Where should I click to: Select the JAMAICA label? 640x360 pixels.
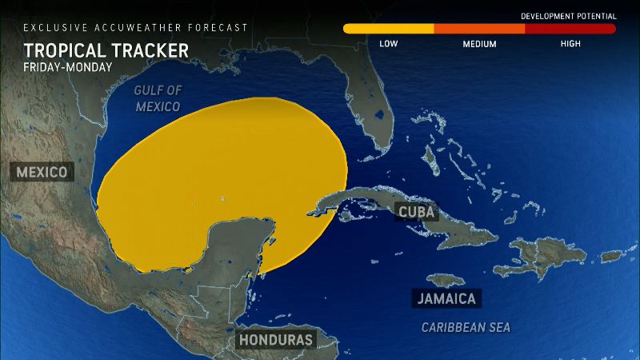click(x=447, y=299)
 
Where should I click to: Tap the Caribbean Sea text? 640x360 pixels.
click(x=466, y=327)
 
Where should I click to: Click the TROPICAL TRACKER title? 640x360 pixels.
click(x=106, y=51)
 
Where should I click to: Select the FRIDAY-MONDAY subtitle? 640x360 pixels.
click(x=68, y=67)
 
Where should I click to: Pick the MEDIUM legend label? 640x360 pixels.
click(x=479, y=43)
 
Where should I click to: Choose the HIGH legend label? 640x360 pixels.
click(x=570, y=43)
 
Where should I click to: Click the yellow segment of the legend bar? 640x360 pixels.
click(x=389, y=29)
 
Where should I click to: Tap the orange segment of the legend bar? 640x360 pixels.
click(x=479, y=29)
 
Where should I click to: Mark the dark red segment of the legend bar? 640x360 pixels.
click(x=570, y=29)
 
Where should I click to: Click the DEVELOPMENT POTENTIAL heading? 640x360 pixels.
click(x=568, y=16)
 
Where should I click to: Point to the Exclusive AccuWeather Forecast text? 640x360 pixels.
click(x=136, y=27)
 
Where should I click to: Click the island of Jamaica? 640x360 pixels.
click(x=446, y=280)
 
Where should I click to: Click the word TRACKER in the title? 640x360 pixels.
click(x=147, y=51)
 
